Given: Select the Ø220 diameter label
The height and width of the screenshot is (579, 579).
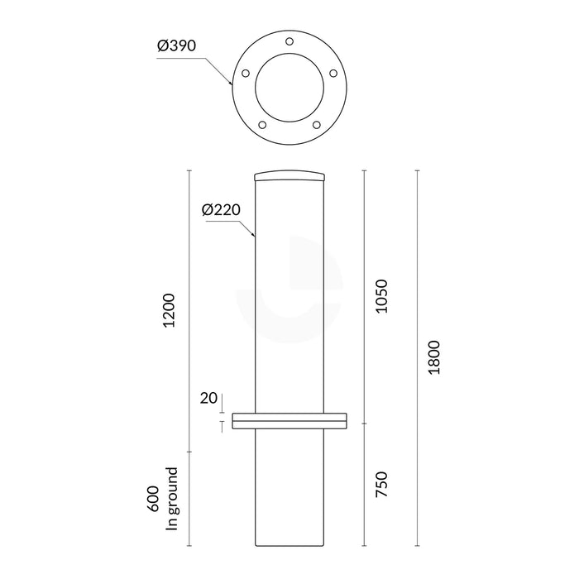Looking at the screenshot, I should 220,209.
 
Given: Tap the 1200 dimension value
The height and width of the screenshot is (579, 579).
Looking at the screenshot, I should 170,309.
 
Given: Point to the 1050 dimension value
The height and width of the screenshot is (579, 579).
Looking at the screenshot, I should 381,295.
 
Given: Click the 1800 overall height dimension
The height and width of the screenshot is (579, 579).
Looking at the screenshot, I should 434,356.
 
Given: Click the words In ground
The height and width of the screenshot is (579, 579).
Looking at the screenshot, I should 172,500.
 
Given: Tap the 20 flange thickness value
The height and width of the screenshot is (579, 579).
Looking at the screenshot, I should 208,398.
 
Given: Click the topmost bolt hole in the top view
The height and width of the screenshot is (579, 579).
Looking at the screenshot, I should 289,41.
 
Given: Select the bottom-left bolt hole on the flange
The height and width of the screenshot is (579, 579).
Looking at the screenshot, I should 262,125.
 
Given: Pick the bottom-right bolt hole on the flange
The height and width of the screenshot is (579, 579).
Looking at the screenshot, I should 317,125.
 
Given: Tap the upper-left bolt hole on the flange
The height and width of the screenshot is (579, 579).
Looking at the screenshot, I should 245,73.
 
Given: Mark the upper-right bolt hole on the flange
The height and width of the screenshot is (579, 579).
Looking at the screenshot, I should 334,73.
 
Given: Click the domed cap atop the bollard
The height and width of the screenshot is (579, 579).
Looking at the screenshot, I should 289,176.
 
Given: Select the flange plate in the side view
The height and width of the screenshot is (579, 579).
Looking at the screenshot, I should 289,420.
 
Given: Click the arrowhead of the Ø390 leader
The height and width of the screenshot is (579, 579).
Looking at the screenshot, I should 231,84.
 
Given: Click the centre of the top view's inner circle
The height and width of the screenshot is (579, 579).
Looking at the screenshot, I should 289,89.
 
